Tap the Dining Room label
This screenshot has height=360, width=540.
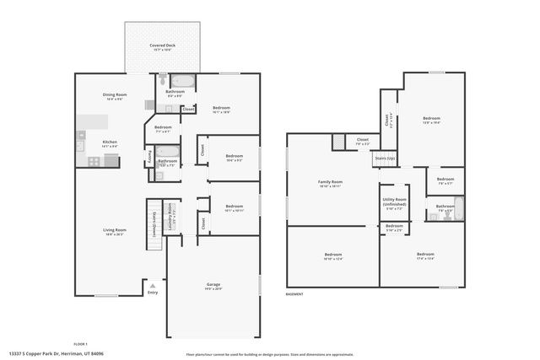point(114,96)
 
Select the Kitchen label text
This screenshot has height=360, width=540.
point(110,142)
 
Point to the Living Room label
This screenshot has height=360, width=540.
point(115,230)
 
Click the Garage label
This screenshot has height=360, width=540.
point(213,285)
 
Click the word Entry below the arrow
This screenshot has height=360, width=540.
point(152,293)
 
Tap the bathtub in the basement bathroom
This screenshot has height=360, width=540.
point(458,207)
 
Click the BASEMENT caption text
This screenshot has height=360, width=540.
point(294,294)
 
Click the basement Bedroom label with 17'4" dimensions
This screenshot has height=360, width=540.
point(424,255)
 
